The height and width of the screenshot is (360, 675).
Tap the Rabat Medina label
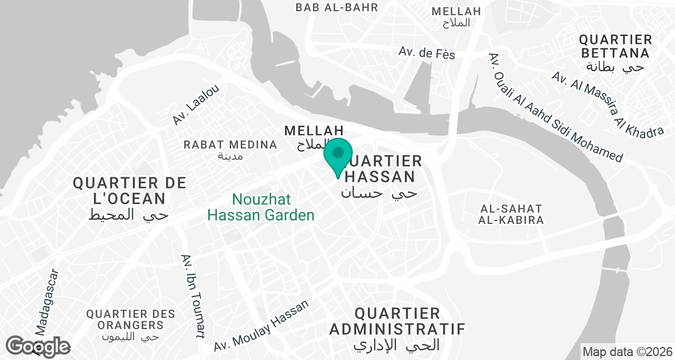(x=230, y=145)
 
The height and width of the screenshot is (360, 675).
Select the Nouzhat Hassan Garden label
(x=261, y=207)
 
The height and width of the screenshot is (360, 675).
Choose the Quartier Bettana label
(x=615, y=47)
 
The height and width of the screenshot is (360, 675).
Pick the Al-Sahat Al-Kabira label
(x=511, y=214)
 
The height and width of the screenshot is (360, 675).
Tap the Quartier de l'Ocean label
(x=129, y=191)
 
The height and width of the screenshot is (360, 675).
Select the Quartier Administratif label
(x=397, y=321)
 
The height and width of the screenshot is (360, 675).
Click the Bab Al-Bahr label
(x=336, y=7)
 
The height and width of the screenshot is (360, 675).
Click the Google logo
(x=38, y=346)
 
